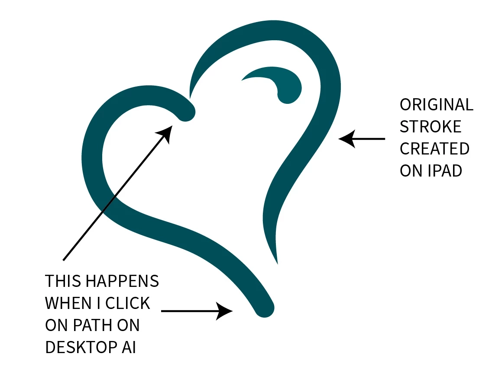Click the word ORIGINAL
pos(436,105)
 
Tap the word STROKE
pos(430,127)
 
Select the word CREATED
pos(434,149)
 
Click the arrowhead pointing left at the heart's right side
pos(346,139)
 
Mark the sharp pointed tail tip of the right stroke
pos(277,262)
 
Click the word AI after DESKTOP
pos(127,347)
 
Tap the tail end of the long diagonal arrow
pos(64,260)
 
